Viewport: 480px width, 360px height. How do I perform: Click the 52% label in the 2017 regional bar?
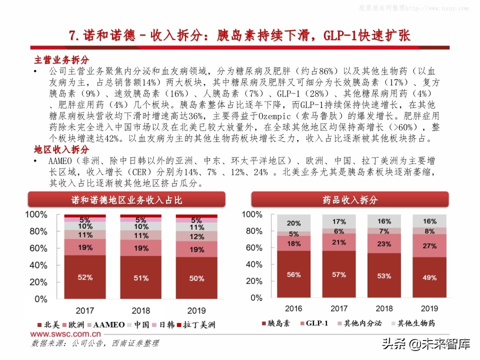(84, 276)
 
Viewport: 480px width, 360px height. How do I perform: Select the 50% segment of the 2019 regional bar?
(196, 278)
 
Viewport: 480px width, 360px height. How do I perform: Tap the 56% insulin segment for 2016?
(293, 274)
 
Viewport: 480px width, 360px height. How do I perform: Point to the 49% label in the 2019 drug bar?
(429, 277)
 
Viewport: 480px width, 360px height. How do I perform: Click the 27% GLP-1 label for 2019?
(429, 246)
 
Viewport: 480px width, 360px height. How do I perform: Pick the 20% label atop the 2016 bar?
(293, 223)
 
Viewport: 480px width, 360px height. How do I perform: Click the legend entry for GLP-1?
(313, 323)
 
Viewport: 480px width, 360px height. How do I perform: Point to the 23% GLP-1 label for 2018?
(383, 244)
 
